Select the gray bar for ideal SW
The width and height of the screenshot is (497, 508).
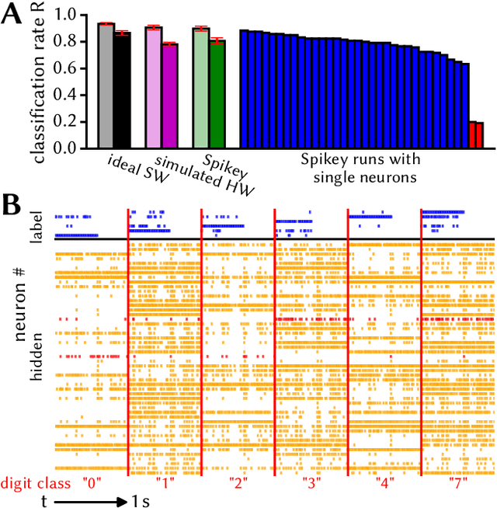106,85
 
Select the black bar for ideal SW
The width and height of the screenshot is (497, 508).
122,90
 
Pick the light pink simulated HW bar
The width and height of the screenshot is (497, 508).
153,87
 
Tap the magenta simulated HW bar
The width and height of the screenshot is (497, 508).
169,96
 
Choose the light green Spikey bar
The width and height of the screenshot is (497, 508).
201,88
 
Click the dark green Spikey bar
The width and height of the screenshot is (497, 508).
217,94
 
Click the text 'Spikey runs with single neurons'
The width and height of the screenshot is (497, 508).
360,169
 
